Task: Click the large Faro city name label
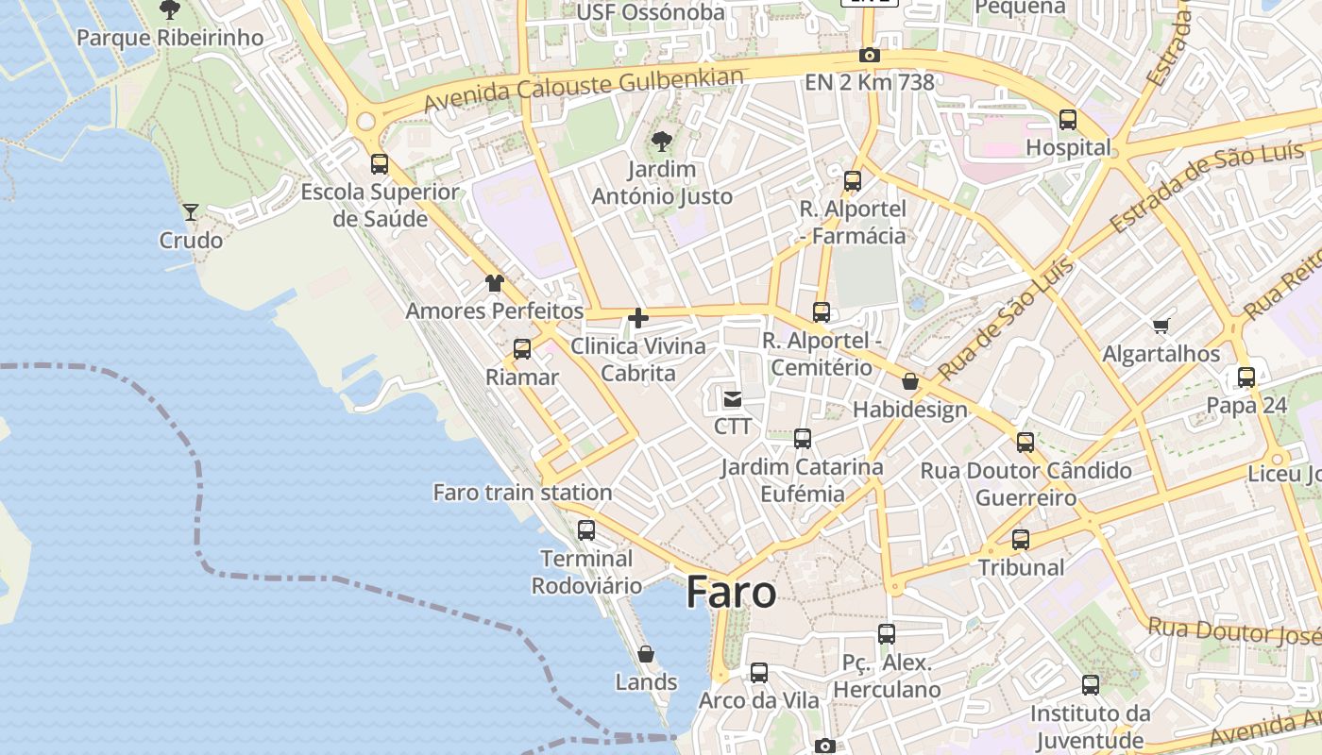coord(731,593)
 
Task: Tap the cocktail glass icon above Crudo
coord(191,212)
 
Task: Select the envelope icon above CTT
coord(733,398)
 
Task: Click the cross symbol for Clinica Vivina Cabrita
coord(638,318)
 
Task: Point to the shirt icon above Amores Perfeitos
coord(495,282)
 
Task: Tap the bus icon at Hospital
coord(1068,120)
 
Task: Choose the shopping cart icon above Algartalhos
coord(1161,327)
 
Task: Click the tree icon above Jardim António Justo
coord(661,142)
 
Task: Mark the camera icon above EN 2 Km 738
coord(870,56)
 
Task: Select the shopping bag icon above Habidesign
coord(910,381)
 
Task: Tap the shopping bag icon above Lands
coord(646,653)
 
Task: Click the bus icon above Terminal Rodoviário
coord(586,529)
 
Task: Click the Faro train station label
coord(522,492)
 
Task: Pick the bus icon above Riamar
coord(522,349)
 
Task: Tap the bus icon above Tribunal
coord(1021,540)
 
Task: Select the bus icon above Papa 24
coord(1246,377)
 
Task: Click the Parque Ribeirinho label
coord(170,38)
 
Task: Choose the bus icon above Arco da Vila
coord(759,673)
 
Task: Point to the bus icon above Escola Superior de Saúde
coord(380,164)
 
